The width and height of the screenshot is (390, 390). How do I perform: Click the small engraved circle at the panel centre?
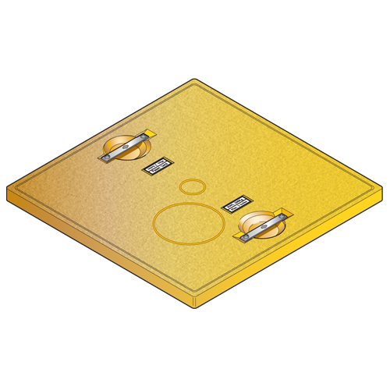pos(191,187)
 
